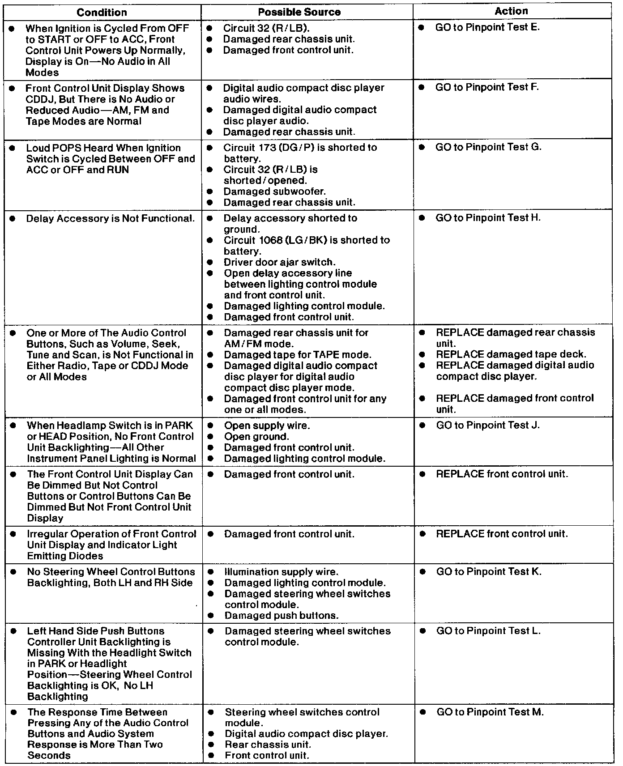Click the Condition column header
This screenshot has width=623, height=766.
(102, 12)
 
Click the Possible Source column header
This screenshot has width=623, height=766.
(306, 12)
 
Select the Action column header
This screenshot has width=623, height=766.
(511, 11)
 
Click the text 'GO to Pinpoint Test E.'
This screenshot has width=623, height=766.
(487, 27)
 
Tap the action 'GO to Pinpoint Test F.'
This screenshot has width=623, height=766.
(487, 87)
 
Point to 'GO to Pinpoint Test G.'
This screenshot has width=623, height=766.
(488, 147)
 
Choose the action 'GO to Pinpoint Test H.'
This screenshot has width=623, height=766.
(488, 218)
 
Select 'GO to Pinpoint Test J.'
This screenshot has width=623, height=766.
(488, 425)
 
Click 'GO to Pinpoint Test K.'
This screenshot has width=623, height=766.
(489, 572)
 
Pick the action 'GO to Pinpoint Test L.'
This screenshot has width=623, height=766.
(488, 631)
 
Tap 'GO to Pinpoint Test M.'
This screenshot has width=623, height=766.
(490, 712)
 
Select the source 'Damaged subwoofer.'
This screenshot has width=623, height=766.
(275, 191)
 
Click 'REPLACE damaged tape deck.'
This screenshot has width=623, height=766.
(511, 354)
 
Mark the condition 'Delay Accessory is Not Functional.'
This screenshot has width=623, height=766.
(111, 219)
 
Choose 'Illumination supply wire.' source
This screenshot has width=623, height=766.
(281, 572)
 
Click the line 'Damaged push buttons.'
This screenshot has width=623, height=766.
(282, 616)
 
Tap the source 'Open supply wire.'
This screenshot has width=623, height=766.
(267, 426)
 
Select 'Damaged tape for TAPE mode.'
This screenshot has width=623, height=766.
(298, 355)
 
